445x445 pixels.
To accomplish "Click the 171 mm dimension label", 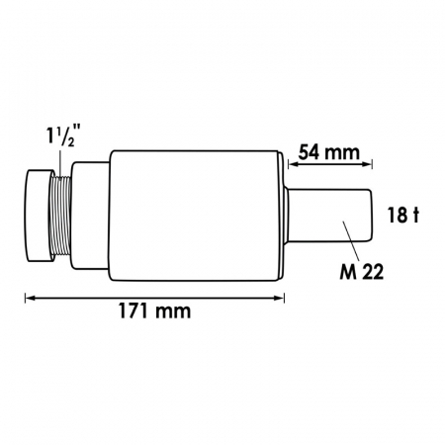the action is click(x=154, y=311).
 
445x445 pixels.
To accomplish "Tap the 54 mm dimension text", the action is click(x=328, y=152).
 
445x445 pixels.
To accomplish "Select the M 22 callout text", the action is click(x=362, y=272).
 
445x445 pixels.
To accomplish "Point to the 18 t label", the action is click(x=402, y=215).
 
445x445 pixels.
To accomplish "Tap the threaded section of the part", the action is click(x=61, y=216).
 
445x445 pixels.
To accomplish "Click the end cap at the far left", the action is click(x=40, y=216).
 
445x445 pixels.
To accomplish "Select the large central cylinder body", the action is click(x=195, y=216).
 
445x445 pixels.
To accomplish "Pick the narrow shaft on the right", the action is click(x=329, y=216).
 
